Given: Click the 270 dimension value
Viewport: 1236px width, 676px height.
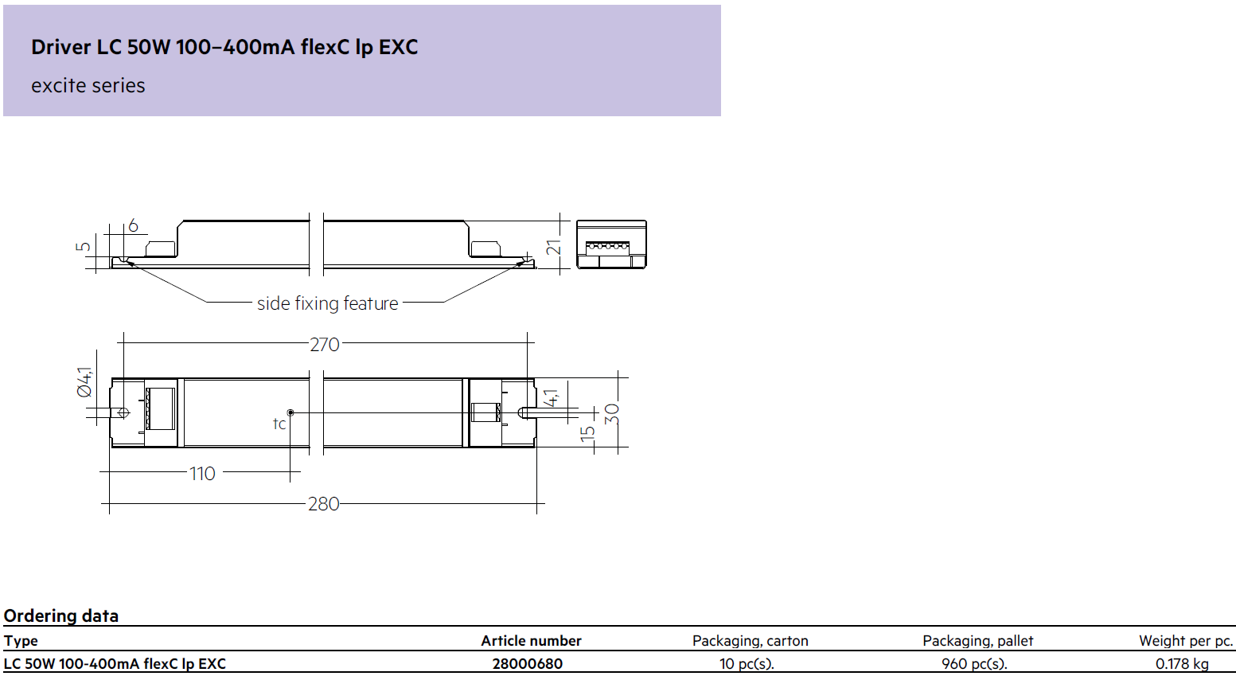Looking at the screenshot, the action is [325, 345].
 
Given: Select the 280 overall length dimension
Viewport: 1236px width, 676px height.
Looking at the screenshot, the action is [323, 504].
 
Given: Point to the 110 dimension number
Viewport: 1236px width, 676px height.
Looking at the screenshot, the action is [202, 474].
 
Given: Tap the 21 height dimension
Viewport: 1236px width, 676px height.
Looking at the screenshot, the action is [553, 247].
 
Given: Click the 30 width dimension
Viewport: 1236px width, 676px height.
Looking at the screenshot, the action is [612, 414].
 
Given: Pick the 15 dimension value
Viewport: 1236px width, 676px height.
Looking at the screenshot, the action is [588, 434].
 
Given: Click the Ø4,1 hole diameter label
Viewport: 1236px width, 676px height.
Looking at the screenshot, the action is [85, 382].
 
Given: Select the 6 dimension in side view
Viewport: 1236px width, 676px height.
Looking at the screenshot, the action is [133, 225].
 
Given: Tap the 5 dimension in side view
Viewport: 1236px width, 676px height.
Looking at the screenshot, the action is [83, 246].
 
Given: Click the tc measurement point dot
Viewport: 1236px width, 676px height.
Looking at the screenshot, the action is [290, 412].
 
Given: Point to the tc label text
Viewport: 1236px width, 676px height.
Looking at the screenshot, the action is [279, 424].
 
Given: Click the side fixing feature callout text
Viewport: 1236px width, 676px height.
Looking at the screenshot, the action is [327, 303].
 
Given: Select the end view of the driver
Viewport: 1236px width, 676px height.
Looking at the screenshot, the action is [611, 244].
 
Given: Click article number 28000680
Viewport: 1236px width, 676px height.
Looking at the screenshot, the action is [528, 664].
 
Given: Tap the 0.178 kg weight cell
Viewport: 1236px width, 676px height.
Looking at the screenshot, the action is [1182, 664].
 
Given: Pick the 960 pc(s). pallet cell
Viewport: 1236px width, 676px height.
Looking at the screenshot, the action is [974, 664].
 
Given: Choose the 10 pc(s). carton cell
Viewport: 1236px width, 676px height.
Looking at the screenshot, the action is [747, 664].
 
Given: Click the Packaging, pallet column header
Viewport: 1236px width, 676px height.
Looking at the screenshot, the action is [978, 641].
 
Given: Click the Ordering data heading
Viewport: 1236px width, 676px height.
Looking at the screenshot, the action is [61, 615].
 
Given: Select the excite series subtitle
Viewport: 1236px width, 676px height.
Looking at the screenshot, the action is [88, 85].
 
